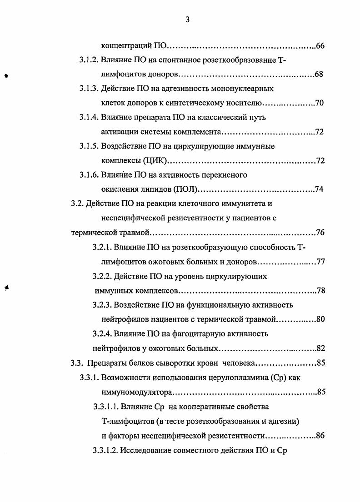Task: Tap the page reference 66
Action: [320, 46]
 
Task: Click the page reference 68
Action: [319, 74]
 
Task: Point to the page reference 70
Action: [319, 103]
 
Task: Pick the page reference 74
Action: [319, 189]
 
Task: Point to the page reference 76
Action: [320, 233]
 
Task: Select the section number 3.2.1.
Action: [102, 248]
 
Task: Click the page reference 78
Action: [320, 291]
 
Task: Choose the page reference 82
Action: [320, 348]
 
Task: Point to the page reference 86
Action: [320, 436]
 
